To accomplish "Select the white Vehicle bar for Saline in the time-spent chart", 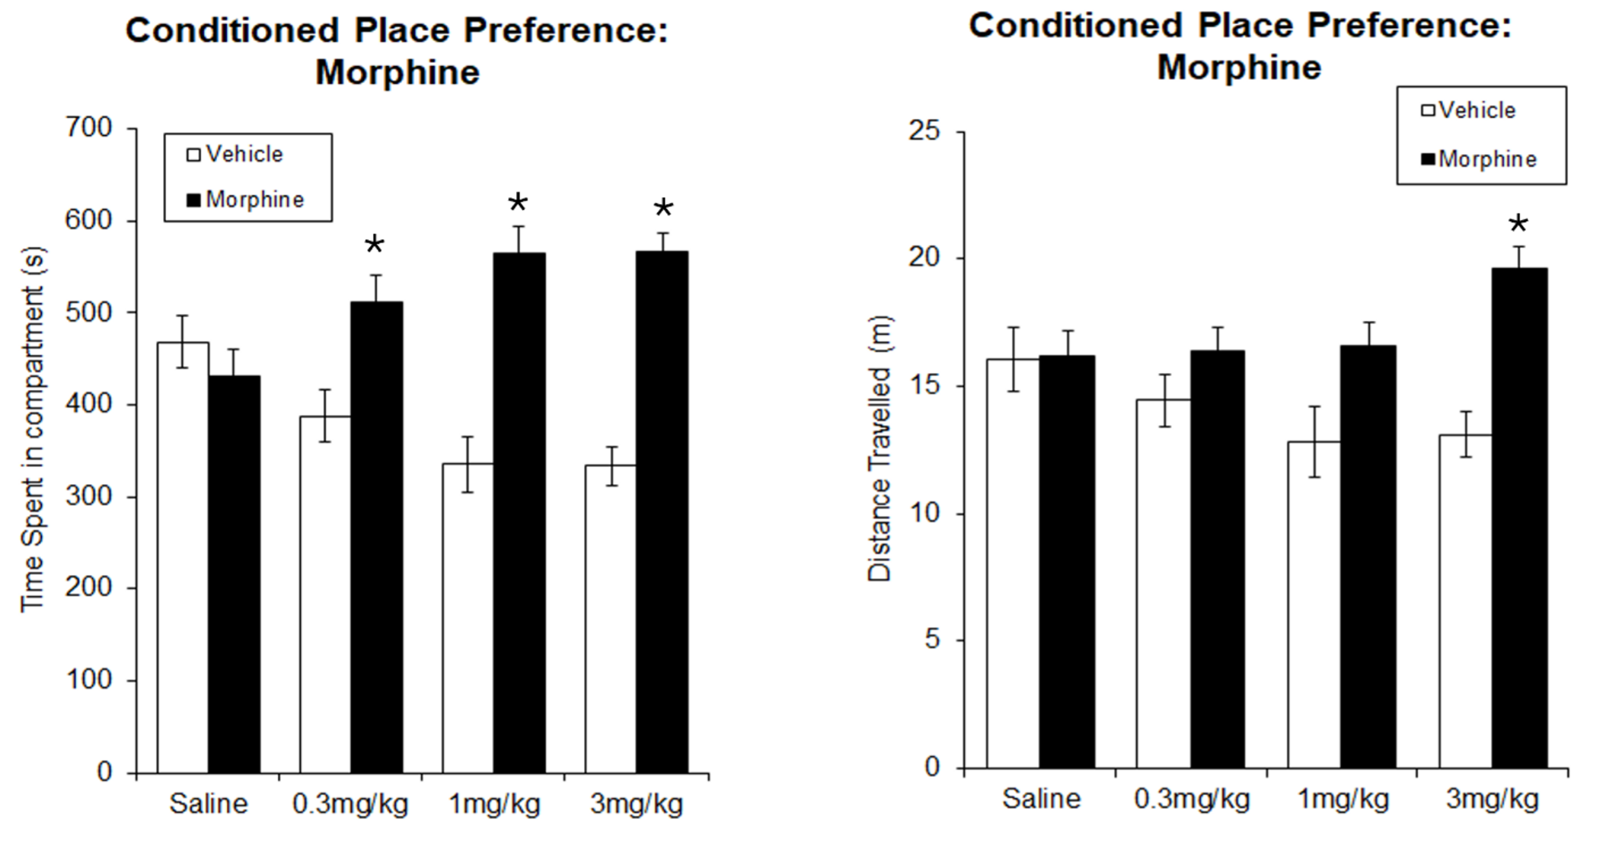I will tap(183, 557).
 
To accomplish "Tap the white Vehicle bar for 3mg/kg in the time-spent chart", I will tap(610, 618).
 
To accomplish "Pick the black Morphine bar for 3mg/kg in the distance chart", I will tap(1520, 517).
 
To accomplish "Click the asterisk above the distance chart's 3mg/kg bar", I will tap(1518, 224).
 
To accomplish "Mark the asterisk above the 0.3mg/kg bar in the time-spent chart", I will tap(375, 245).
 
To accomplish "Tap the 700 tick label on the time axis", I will tap(88, 128).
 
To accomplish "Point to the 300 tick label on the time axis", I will tap(88, 496).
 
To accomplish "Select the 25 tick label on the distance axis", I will tap(924, 131).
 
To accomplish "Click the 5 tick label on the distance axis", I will tap(932, 640).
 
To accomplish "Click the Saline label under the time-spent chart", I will tap(208, 804).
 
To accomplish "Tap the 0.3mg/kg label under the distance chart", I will tap(1191, 799).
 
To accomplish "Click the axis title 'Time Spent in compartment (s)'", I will tap(33, 428).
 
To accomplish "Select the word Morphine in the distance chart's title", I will tap(1239, 67).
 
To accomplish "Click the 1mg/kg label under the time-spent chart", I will tap(495, 804).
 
